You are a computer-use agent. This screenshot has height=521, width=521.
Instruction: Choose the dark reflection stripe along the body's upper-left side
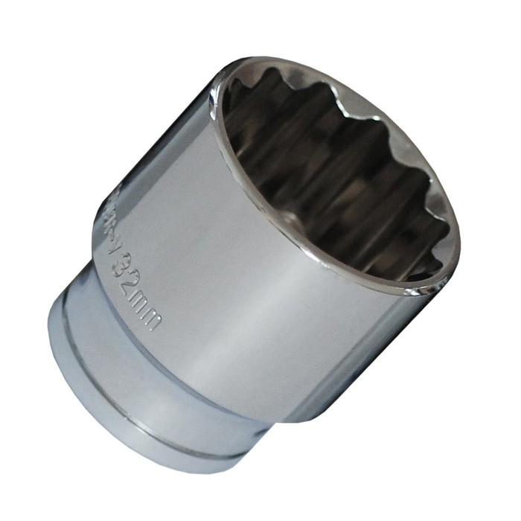pyautogui.click(x=160, y=179)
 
